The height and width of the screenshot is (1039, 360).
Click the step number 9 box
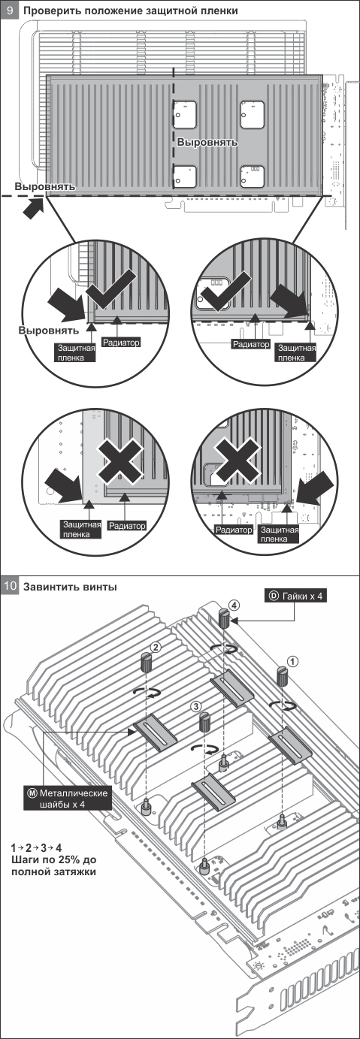click(x=10, y=10)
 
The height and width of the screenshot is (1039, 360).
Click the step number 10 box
click(x=10, y=586)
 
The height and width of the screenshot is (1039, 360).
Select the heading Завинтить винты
click(x=70, y=587)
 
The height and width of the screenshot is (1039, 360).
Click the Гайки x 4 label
click(x=295, y=596)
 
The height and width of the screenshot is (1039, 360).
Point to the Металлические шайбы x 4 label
click(x=68, y=799)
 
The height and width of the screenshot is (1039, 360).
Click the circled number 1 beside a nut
click(x=292, y=661)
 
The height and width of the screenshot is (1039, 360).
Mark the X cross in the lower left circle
click(x=119, y=459)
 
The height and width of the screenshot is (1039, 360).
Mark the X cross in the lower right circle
click(x=237, y=459)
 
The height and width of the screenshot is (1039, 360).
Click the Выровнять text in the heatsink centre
click(x=207, y=142)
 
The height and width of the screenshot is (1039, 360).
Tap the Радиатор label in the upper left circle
click(x=120, y=343)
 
